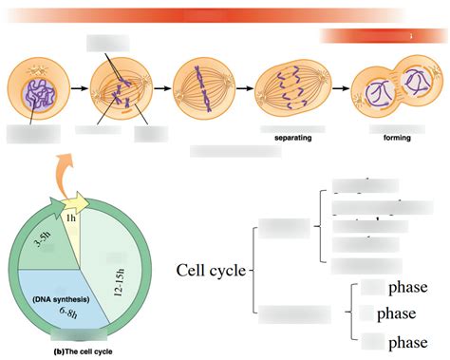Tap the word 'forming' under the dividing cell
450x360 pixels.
pos(397,138)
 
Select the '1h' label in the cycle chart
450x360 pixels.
pos(71,218)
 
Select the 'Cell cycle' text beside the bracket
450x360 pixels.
pos(211,270)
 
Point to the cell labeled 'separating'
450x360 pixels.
pos(292,90)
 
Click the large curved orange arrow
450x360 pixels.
pos(66,176)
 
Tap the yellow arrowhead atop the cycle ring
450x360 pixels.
pos(81,201)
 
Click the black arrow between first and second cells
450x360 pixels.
pos(79,89)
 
